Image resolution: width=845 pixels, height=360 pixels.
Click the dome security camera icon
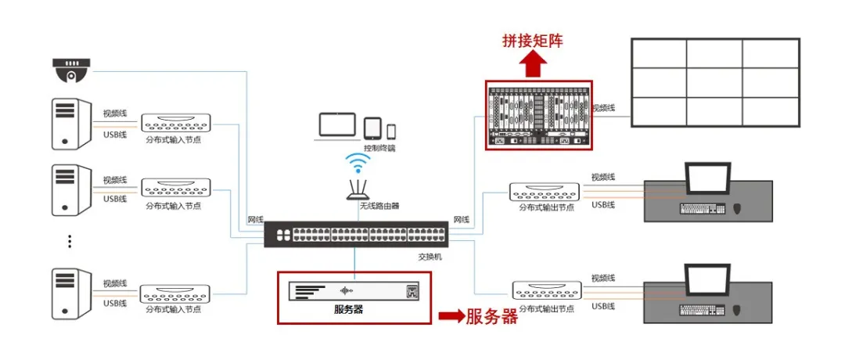click(71, 70)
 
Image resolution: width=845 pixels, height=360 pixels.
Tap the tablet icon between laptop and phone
click(372, 128)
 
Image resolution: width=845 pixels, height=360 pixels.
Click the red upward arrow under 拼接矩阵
click(533, 66)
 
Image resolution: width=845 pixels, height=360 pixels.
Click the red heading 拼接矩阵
click(533, 41)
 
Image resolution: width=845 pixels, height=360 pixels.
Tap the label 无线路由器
click(379, 207)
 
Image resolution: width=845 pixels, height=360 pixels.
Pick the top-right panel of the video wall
click(771, 53)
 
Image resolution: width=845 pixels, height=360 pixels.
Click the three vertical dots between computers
click(69, 241)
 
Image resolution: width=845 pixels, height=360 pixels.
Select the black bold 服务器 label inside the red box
click(349, 309)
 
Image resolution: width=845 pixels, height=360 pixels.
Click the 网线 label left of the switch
click(255, 220)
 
